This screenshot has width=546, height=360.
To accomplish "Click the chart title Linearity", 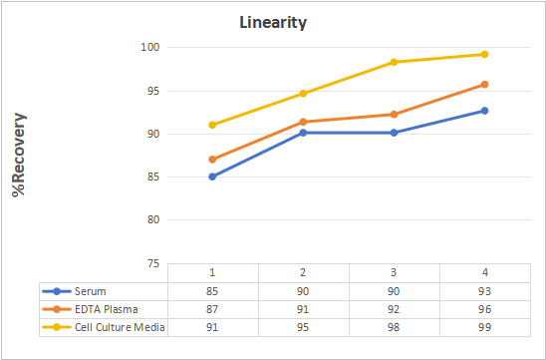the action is (x=273, y=23).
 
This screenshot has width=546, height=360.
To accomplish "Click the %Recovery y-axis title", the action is (x=19, y=155).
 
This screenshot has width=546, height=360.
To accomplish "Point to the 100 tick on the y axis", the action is (x=150, y=47).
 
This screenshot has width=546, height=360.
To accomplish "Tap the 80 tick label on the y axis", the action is (x=153, y=220).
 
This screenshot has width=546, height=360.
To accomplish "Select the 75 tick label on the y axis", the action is (x=153, y=263).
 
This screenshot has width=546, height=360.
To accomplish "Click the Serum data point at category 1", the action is (x=212, y=177).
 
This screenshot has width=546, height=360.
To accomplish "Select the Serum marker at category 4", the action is (x=484, y=111).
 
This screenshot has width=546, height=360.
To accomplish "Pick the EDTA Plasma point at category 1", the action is (x=212, y=160).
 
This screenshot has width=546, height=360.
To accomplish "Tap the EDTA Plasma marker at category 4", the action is (x=484, y=85).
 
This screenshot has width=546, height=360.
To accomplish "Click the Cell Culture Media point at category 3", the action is (x=394, y=62).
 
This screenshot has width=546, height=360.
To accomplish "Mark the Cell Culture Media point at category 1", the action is (x=212, y=125).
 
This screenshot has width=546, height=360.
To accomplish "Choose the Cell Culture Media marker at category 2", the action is (x=303, y=94).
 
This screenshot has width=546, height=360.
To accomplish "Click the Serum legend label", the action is (x=91, y=291).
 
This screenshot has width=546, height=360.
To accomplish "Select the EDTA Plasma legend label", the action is (x=107, y=309).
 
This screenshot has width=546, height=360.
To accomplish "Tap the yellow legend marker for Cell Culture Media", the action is (x=57, y=327).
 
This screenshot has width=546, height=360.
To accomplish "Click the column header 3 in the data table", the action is (x=394, y=272).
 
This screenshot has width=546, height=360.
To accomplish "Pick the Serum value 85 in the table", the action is (x=212, y=291).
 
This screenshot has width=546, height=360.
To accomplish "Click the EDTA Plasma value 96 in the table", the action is (x=484, y=309).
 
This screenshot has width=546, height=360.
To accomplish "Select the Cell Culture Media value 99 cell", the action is (x=484, y=327).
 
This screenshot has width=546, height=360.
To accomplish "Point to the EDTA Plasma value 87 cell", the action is (x=212, y=309).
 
